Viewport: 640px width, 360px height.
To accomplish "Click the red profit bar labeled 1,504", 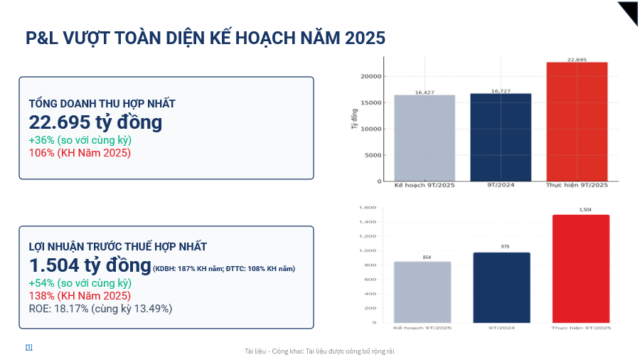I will pos(580,268).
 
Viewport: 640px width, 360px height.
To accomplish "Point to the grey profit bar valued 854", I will pos(422,292).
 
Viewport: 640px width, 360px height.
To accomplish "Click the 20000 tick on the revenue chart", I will pos(371,76).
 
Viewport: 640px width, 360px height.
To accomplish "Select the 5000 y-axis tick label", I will pos(373,155).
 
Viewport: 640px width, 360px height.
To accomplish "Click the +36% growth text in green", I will pos(80,140).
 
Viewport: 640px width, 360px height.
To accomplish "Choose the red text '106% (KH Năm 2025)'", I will pos(80,152).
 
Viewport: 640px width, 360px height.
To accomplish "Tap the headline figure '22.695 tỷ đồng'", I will pos(95,122).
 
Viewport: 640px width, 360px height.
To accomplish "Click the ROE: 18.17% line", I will pos(100,309).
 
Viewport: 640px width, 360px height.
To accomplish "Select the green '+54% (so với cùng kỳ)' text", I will pos(80,283).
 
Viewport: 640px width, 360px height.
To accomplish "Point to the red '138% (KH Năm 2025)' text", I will pos(80,296).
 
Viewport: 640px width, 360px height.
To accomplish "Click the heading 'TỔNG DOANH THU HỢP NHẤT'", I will pos(102,104).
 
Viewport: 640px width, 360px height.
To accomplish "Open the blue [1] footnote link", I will pos(29,347).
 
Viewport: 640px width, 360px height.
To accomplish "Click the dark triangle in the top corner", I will pos(629,11).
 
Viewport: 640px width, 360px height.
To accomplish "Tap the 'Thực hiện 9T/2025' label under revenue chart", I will pos(577,185).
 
